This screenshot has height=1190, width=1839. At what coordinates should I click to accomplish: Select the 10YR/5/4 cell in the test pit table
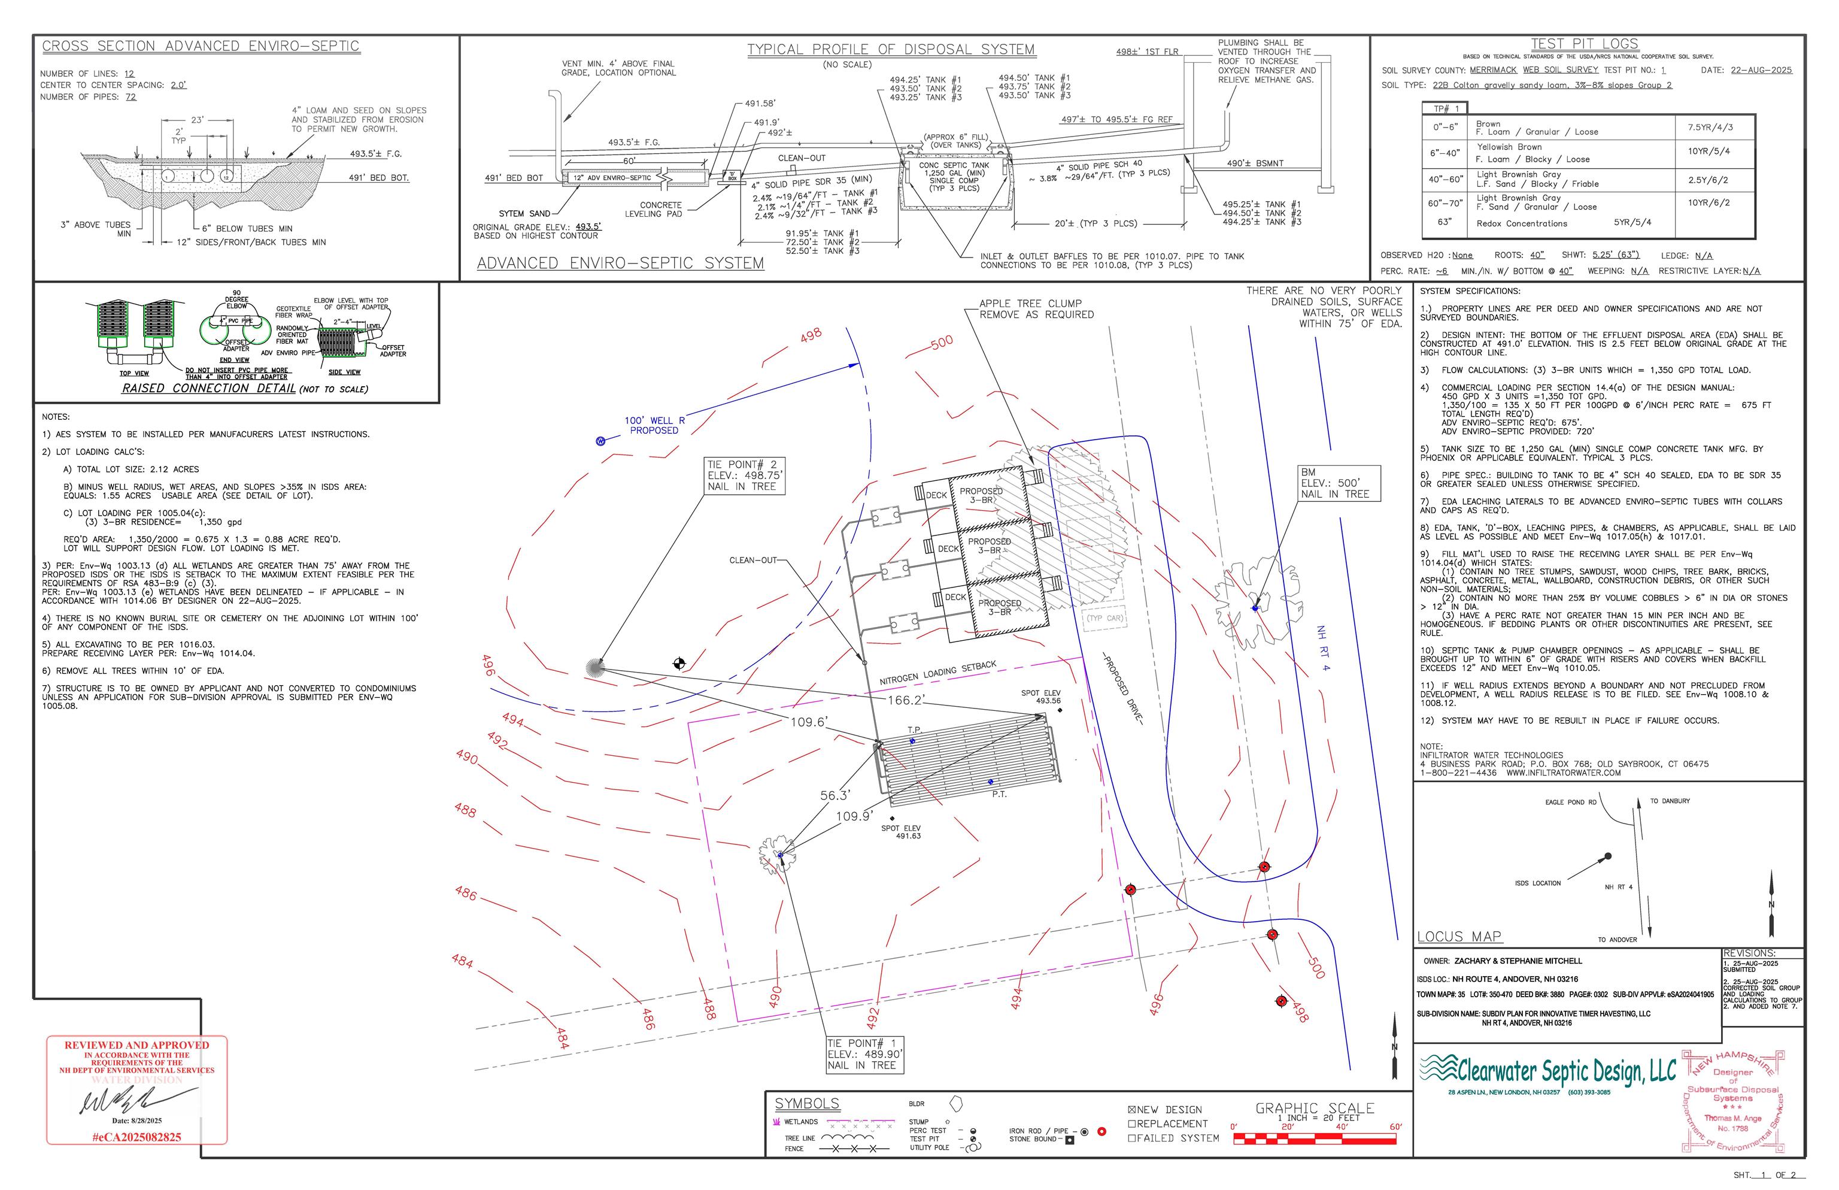coord(1708,152)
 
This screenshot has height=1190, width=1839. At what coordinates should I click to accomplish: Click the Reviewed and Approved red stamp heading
coord(136,1044)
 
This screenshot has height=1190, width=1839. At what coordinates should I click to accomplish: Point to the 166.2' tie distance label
coord(906,700)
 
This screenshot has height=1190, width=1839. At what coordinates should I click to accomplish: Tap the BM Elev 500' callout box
coord(1339,483)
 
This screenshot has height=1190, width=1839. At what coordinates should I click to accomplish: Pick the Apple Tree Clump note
coord(1036,309)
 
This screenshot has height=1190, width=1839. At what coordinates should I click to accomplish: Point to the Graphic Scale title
coord(1315,1108)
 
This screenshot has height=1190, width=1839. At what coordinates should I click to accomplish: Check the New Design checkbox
coord(1132,1110)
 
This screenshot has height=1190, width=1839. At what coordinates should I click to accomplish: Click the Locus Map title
coord(1459,937)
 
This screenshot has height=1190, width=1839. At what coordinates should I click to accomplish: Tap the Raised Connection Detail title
coord(208,389)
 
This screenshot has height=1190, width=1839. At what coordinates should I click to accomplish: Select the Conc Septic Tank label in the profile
coord(954,165)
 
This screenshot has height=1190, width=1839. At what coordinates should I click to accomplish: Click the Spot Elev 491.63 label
coord(900,832)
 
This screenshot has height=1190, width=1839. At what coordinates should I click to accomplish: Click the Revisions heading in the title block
coord(1749,953)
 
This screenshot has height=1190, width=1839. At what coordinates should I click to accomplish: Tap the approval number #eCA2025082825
coord(136,1137)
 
